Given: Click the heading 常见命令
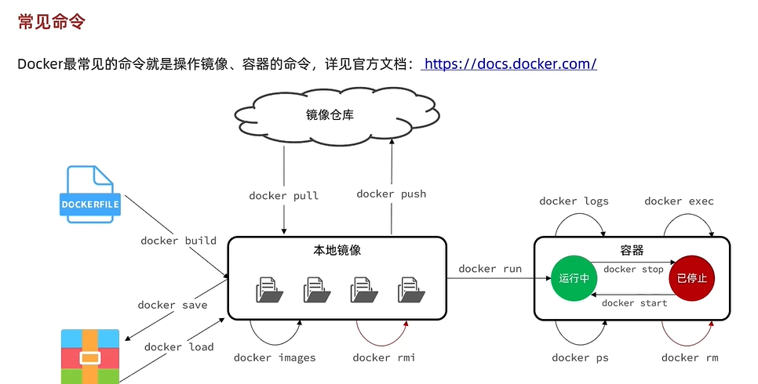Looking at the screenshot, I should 51,22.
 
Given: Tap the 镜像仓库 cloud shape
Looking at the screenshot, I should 330,115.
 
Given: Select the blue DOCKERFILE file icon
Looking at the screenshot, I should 90,194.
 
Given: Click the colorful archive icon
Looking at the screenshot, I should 90,357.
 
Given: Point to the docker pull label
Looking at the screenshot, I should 284,195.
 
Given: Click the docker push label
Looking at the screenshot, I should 391,194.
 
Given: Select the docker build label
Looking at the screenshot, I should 178,241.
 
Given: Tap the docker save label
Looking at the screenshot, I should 173,305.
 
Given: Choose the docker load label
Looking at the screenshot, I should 179,346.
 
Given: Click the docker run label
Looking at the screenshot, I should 490,269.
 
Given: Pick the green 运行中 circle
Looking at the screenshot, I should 574,278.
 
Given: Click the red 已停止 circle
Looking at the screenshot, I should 691,278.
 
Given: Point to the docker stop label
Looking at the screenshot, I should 633,270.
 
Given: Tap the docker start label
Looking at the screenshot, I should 634,303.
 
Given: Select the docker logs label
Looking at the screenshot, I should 574,201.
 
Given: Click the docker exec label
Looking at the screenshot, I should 679,201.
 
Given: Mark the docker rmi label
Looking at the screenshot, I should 384,357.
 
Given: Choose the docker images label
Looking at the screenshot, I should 275,357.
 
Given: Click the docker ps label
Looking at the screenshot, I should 580,357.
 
